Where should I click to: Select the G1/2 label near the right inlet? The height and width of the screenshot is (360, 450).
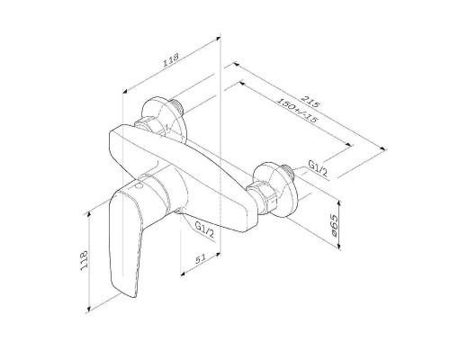pyautogui.click(x=318, y=167)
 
